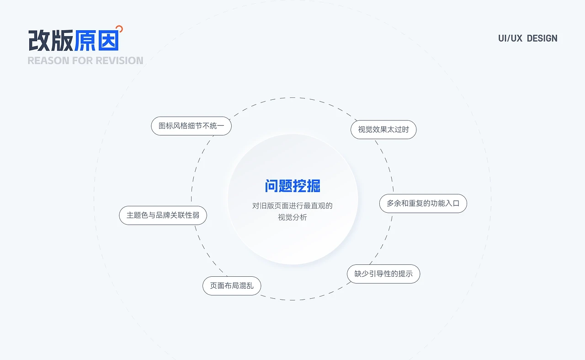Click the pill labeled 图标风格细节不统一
191,126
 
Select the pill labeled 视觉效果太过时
383,129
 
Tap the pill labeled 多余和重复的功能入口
423,203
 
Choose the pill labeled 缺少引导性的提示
383,274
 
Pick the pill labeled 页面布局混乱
232,286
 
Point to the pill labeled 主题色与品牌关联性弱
163,215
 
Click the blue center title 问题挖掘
292,186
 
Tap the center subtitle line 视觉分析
292,217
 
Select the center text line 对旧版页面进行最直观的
292,206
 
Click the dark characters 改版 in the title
51,41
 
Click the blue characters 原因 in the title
96,41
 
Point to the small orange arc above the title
120,28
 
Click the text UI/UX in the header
510,38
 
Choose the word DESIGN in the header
542,38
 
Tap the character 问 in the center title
272,186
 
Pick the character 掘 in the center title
314,186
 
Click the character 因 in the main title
108,41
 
